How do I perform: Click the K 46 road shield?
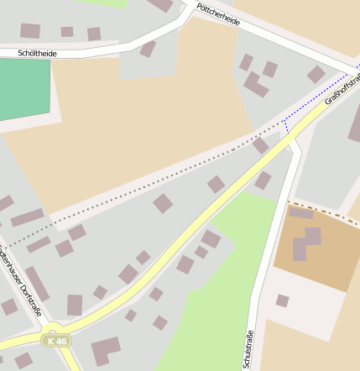pos(57,341)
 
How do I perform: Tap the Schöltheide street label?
pos(38,53)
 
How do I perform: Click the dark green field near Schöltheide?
pos(23,89)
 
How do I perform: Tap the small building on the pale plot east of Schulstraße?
pos(283,300)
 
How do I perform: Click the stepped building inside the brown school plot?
pos(305,243)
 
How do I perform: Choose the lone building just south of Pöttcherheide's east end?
pos(316,75)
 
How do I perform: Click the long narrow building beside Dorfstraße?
pos(37,284)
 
